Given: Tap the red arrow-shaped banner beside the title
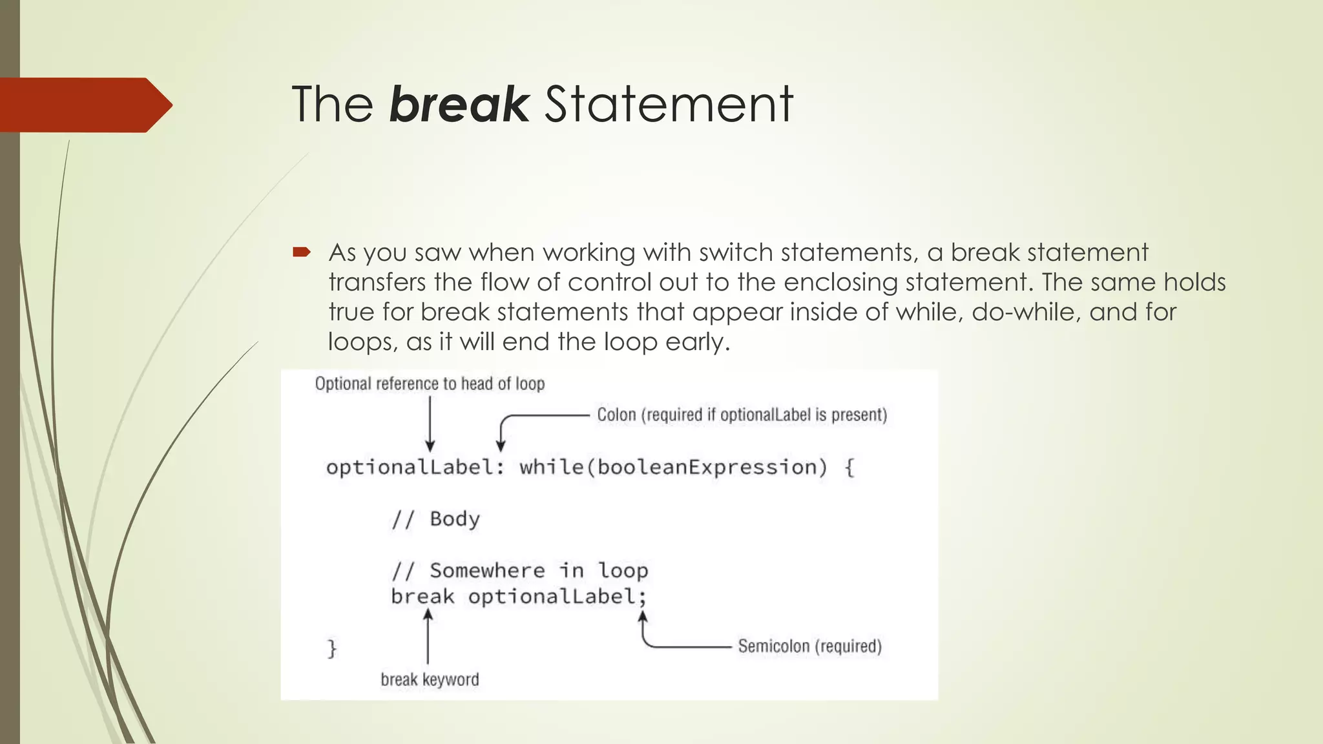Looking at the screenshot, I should [84, 105].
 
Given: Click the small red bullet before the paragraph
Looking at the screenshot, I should [302, 252].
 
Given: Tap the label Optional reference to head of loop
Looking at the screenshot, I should [430, 384].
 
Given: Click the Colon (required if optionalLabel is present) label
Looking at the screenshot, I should [742, 415].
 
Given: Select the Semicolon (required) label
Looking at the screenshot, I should [809, 646].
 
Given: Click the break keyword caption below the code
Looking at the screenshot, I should [430, 679].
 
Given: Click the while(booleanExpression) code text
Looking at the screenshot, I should [672, 467].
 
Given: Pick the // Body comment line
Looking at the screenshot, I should [436, 519].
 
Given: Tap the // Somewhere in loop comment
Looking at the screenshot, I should [519, 570].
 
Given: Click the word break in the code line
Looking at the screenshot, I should [422, 596].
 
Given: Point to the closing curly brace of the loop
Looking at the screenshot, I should [332, 648].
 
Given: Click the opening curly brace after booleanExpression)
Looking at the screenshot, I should [849, 467].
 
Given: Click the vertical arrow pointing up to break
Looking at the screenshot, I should [428, 637].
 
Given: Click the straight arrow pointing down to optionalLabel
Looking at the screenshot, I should [430, 423].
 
